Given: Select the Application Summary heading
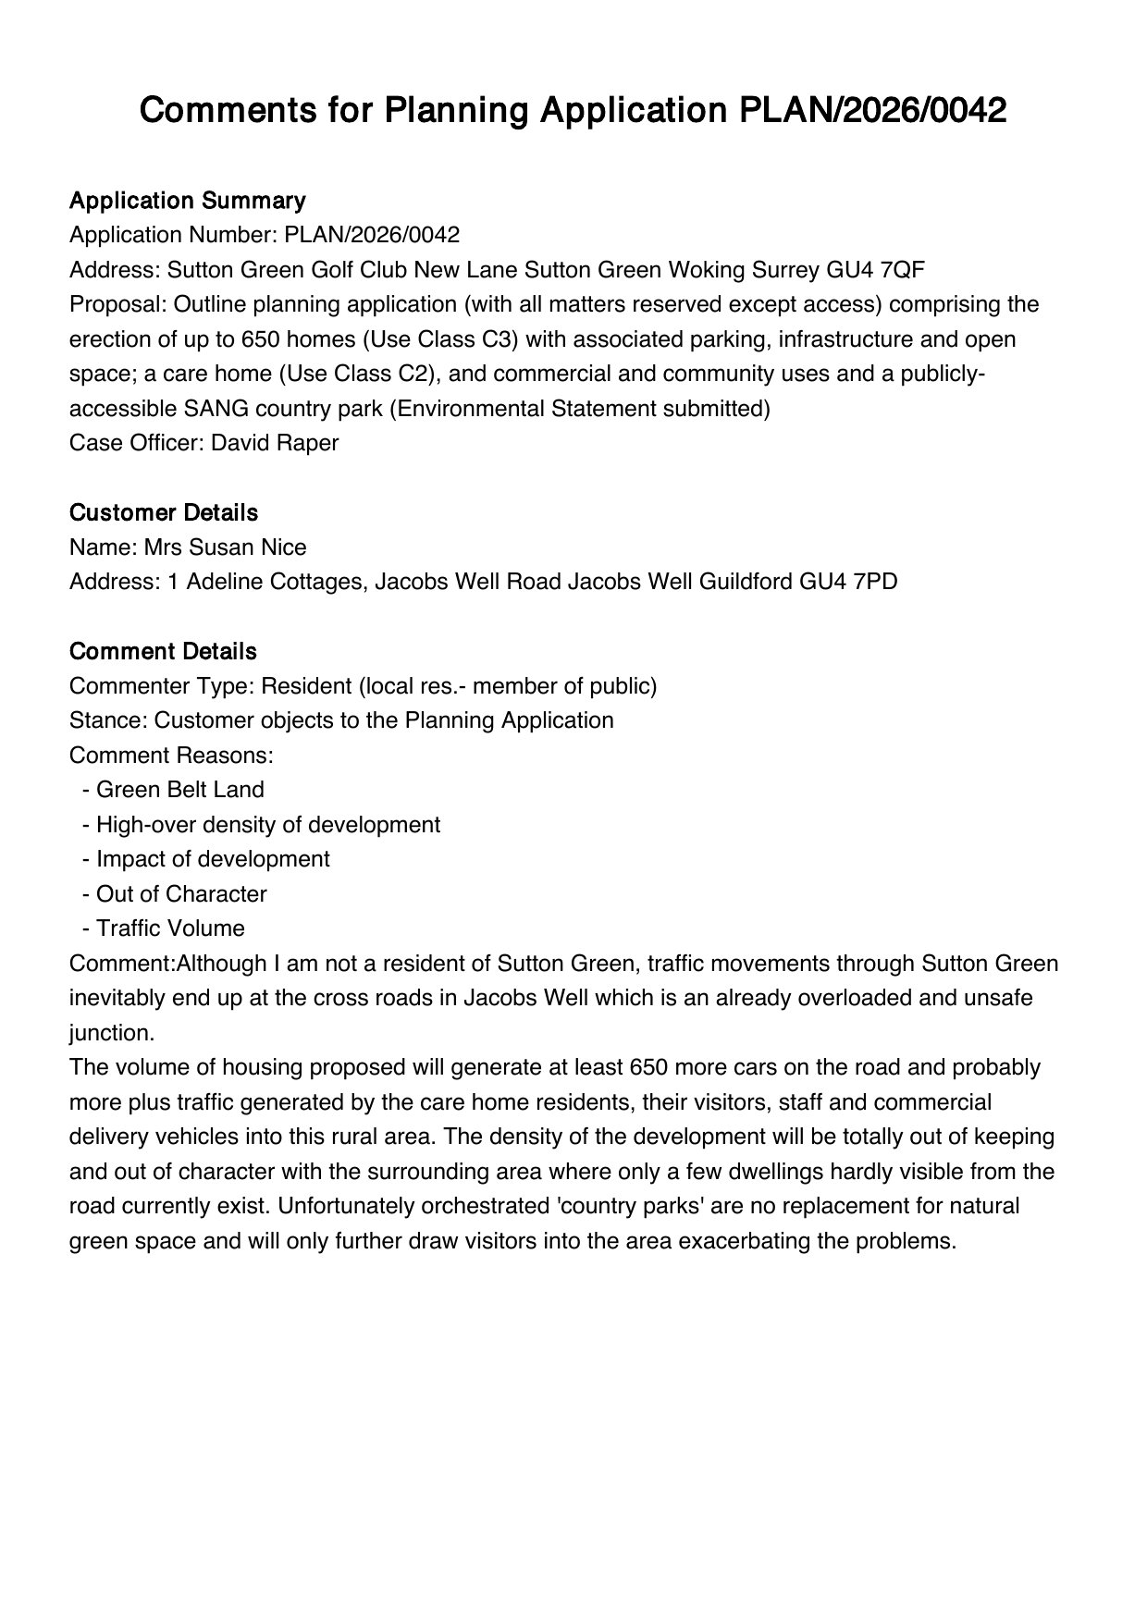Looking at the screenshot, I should pyautogui.click(x=187, y=201).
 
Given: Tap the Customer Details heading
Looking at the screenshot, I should pyautogui.click(x=164, y=512).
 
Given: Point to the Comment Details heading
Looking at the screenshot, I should pyautogui.click(x=163, y=651).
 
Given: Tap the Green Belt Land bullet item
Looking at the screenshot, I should pyautogui.click(x=179, y=790).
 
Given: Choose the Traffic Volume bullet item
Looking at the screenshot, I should pyautogui.click(x=170, y=928).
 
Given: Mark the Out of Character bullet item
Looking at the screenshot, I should pyautogui.click(x=181, y=894).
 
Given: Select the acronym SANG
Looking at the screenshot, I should pyautogui.click(x=215, y=409).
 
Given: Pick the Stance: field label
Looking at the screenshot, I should pyautogui.click(x=108, y=720).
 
